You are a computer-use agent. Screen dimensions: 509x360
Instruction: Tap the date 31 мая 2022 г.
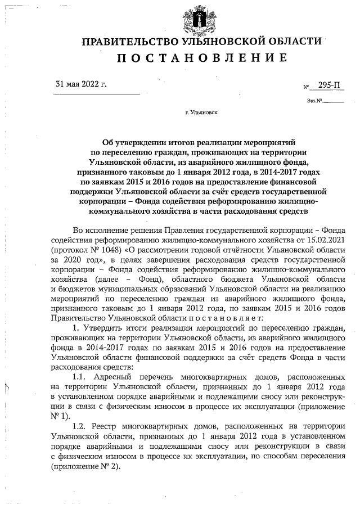click(81, 84)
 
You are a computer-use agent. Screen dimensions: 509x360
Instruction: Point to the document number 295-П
click(329, 85)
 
